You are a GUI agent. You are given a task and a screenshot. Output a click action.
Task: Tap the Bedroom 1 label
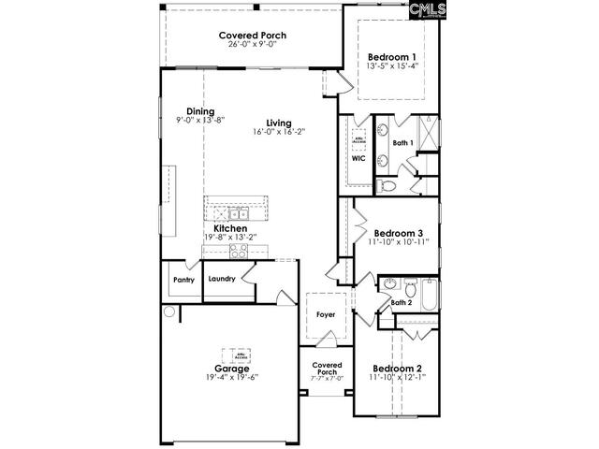tap(391, 54)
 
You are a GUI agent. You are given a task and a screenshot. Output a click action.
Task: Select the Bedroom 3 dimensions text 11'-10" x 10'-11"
tap(399, 242)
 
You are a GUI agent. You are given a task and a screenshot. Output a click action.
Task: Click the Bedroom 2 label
tap(398, 368)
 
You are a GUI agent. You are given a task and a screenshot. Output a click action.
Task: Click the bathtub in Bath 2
tap(429, 297)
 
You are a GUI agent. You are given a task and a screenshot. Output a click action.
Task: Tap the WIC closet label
tap(358, 159)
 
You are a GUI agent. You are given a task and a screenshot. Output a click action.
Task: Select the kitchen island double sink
tap(237, 211)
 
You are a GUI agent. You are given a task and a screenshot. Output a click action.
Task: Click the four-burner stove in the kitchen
tap(238, 250)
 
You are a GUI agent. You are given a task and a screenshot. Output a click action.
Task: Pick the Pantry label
tap(183, 279)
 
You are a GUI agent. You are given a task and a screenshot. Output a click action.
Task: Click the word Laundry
tap(221, 279)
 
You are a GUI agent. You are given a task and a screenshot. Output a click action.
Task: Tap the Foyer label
tap(325, 314)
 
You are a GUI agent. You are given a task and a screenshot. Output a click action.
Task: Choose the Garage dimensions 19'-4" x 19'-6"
tap(231, 378)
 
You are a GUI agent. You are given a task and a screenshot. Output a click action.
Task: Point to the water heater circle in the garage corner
tap(169, 312)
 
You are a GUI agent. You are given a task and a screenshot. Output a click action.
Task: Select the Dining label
tap(199, 110)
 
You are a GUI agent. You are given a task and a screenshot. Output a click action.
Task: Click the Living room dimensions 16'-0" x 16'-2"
tap(278, 132)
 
